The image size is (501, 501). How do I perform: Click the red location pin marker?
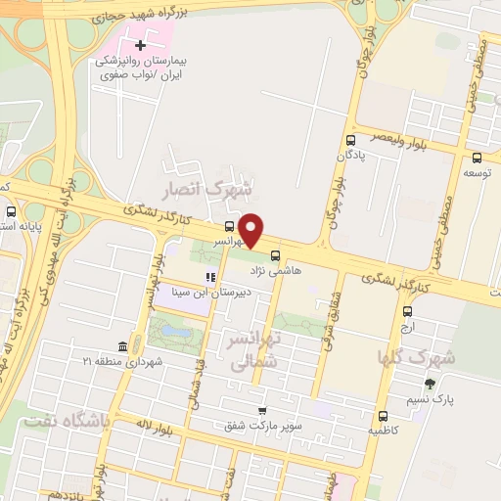[x=251, y=229]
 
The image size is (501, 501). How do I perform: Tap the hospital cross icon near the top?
[x=141, y=45]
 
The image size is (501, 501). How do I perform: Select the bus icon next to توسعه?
[x=477, y=159]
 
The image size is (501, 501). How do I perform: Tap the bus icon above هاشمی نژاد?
[x=274, y=253]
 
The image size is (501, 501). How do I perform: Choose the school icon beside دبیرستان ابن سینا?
[x=208, y=277]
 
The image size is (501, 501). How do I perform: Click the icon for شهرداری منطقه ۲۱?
[x=121, y=347]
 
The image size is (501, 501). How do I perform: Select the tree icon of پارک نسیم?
[x=429, y=384]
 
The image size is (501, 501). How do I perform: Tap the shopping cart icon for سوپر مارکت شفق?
[x=261, y=412]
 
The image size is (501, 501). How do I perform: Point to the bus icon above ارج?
[x=407, y=312]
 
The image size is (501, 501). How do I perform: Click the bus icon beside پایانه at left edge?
[x=11, y=211]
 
